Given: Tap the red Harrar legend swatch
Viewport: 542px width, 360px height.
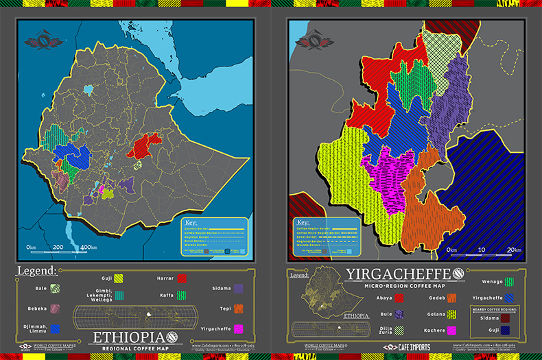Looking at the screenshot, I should [x=182, y=278].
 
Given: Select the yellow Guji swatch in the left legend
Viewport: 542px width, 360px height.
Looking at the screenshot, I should [x=119, y=278].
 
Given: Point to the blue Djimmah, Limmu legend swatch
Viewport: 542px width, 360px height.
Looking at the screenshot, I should [x=55, y=329].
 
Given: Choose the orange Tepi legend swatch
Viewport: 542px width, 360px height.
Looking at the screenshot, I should [x=239, y=309].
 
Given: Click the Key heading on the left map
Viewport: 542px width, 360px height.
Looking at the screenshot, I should [x=194, y=223].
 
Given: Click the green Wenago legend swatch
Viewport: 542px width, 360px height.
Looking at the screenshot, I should [x=508, y=281].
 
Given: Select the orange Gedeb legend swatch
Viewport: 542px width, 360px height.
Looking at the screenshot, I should [x=451, y=298].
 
